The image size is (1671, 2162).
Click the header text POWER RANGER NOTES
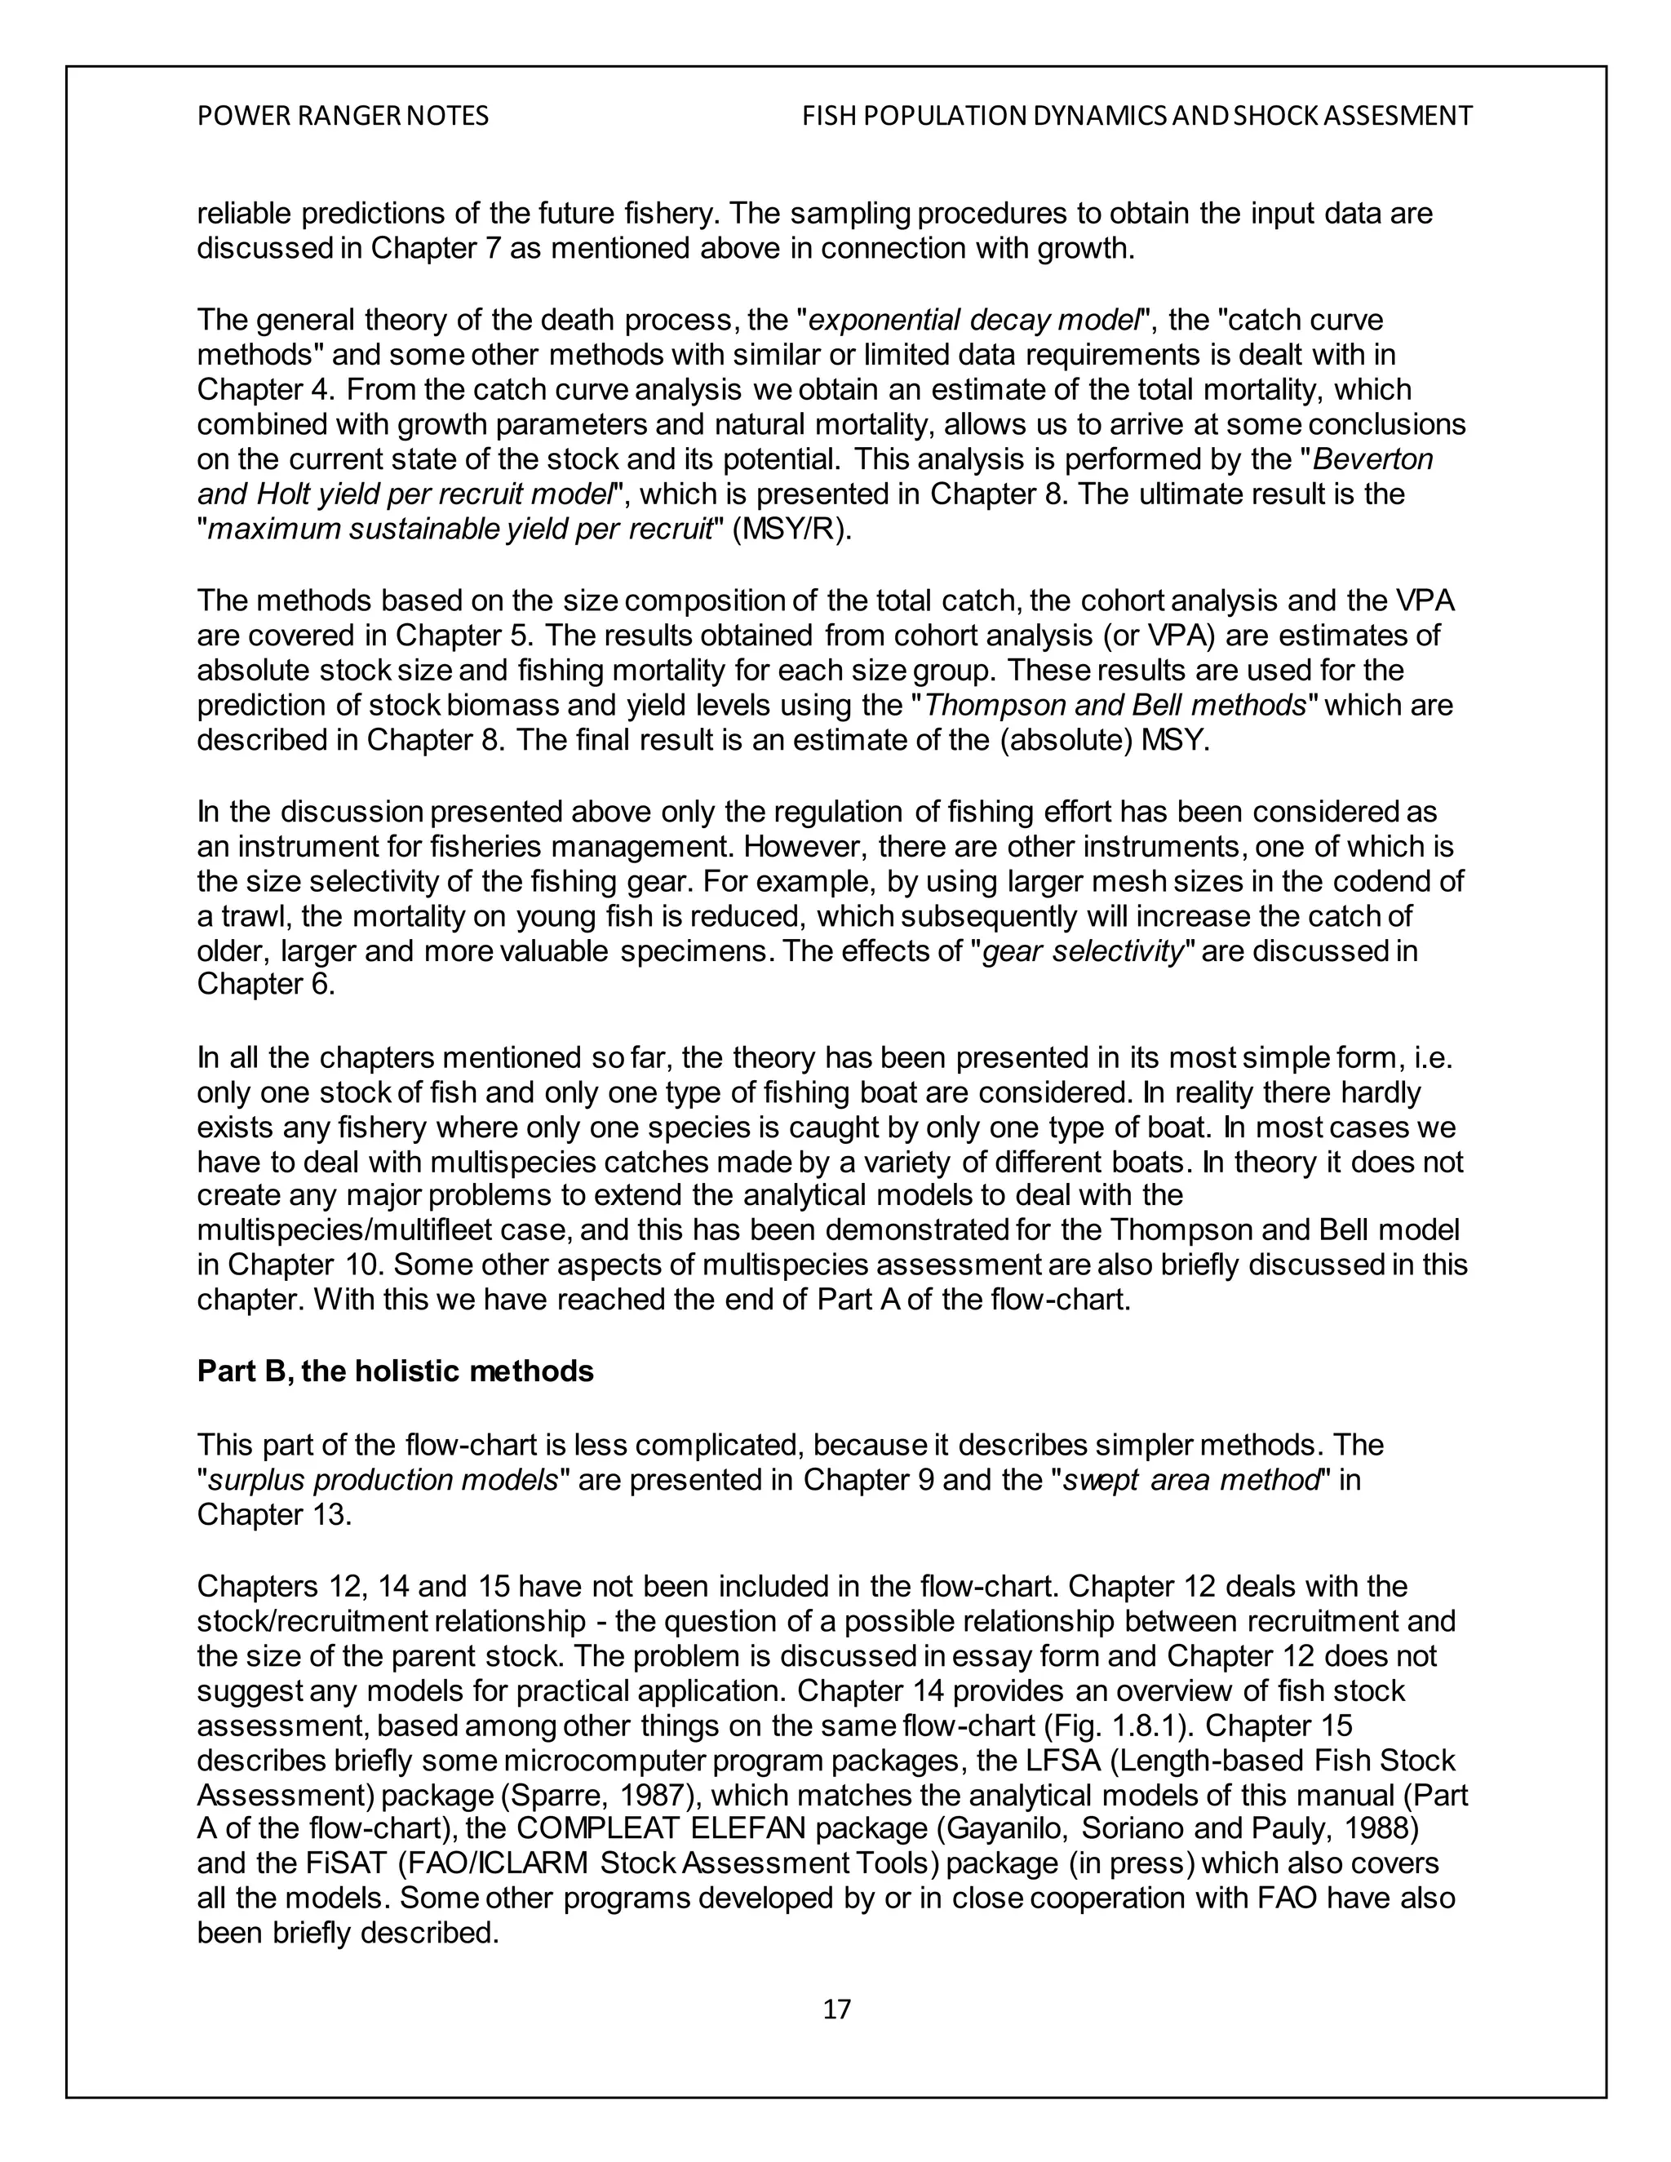click(343, 117)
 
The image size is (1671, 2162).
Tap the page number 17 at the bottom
click(836, 2009)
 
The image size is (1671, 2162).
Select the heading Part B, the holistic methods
click(395, 1371)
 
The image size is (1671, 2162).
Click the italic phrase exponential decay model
click(974, 320)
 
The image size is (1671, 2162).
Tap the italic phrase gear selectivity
click(1083, 950)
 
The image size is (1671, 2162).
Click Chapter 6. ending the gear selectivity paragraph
click(265, 984)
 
